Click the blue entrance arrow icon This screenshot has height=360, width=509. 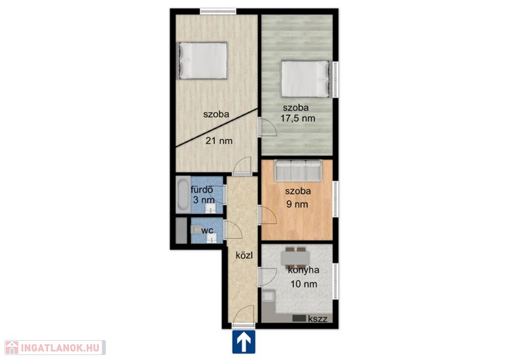(x=244, y=342)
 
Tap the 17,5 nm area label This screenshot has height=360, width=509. (x=298, y=118)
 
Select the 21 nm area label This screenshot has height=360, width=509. (x=219, y=141)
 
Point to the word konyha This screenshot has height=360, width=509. (x=304, y=270)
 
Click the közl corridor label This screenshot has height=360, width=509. (x=244, y=256)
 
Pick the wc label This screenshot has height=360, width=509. (x=207, y=231)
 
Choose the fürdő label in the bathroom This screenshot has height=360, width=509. (x=202, y=189)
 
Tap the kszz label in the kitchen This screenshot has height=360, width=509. (x=318, y=318)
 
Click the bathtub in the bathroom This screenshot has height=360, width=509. (x=183, y=195)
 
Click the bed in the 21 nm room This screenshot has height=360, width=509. (x=202, y=61)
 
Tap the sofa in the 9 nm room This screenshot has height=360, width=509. (x=298, y=170)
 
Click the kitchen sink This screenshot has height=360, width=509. (x=268, y=296)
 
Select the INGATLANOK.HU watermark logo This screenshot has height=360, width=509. (x=55, y=348)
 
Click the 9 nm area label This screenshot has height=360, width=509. (x=297, y=204)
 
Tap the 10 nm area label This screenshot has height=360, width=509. (x=304, y=284)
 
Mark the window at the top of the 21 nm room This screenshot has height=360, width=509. (x=218, y=11)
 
